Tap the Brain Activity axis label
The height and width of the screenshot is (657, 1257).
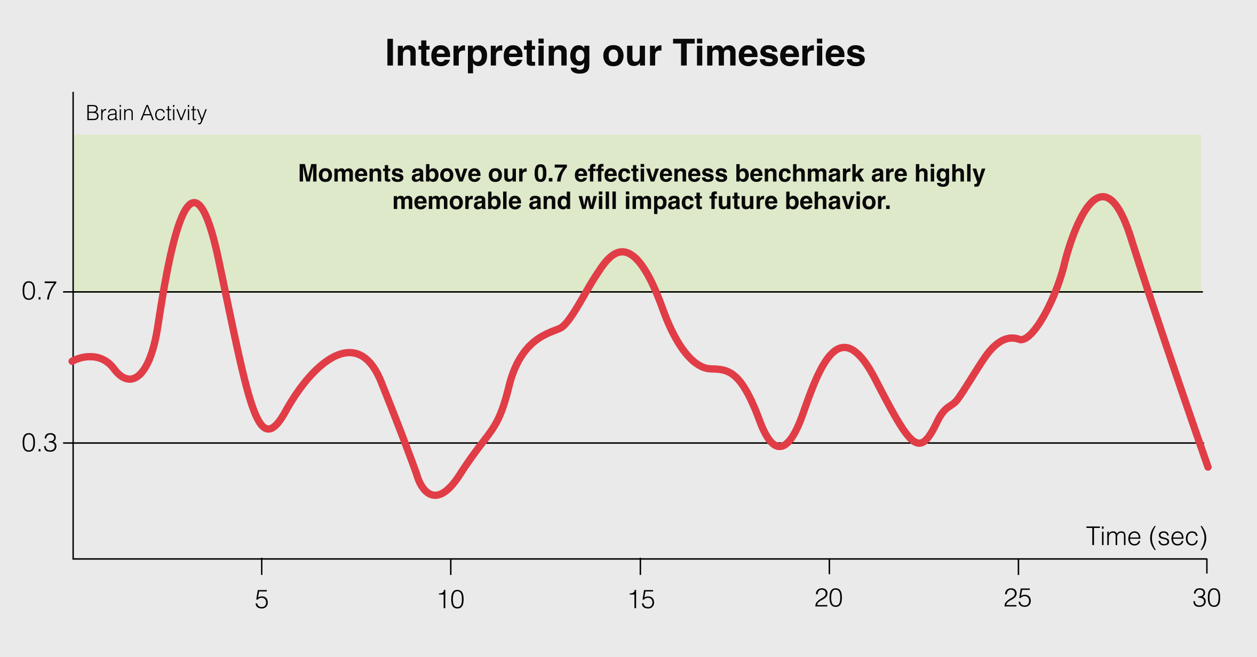pos(146,114)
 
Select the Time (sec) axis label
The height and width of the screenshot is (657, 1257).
pos(1147,536)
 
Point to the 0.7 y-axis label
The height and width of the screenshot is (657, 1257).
pos(39,292)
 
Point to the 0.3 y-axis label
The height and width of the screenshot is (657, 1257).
pos(39,443)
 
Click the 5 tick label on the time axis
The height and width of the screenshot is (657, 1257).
pos(261,600)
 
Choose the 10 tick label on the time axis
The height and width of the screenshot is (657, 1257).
pos(451,600)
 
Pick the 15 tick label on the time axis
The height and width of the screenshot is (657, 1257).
pos(641,600)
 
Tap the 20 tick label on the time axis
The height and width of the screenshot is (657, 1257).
pos(829,598)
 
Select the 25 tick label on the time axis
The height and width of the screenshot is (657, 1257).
pos(1018,598)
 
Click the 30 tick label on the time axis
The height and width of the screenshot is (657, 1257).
pos(1207,598)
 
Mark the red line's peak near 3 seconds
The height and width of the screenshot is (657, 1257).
pos(195,203)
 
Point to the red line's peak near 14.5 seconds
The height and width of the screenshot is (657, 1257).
pos(622,252)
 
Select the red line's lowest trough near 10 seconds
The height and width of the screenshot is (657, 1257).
pos(436,494)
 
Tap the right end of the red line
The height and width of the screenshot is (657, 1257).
pos(1208,467)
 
